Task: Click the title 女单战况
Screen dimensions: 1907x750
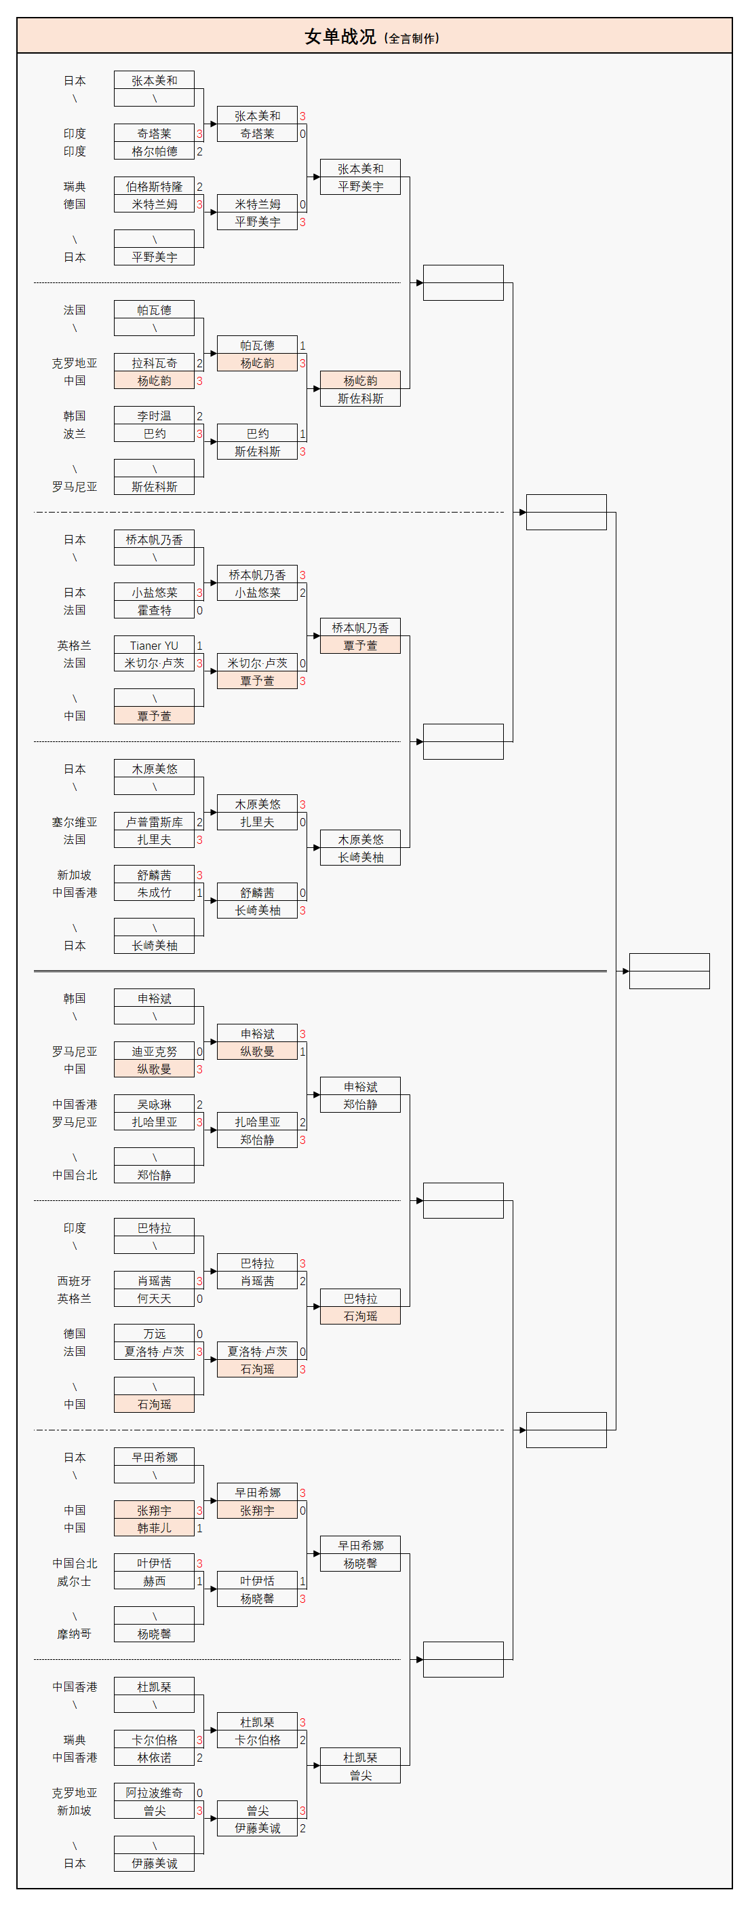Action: click(340, 36)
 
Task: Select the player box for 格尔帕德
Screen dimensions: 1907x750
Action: click(154, 151)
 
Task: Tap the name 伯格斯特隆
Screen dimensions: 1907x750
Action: click(154, 187)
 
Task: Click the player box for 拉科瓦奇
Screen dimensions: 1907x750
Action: click(154, 363)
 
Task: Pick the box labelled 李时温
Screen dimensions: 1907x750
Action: click(154, 416)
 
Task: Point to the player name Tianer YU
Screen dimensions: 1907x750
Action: click(154, 646)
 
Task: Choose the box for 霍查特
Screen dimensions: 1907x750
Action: click(154, 610)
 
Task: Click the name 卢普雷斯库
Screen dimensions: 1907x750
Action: click(154, 821)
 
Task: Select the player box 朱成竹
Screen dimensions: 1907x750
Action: click(154, 893)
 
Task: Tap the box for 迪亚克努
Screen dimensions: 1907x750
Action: click(154, 1051)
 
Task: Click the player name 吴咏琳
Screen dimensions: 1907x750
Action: click(154, 1105)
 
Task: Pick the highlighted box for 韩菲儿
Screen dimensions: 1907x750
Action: click(154, 1528)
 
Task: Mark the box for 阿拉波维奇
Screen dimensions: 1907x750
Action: click(154, 1793)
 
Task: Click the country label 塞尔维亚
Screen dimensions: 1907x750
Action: click(74, 821)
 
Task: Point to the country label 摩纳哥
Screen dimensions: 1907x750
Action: click(74, 1634)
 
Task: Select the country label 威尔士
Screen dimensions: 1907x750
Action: click(74, 1581)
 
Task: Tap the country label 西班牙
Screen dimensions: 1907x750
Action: click(74, 1280)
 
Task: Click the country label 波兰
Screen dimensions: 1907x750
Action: click(74, 434)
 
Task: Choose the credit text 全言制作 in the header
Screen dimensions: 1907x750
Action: click(412, 39)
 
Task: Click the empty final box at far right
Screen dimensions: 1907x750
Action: click(669, 971)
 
